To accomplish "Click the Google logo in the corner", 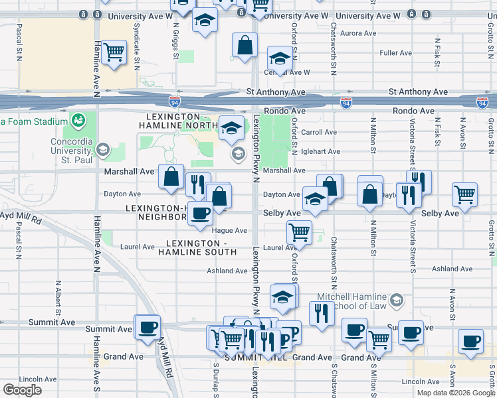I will [22, 390].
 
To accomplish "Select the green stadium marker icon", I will [79, 121].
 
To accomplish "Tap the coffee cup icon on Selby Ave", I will [200, 213].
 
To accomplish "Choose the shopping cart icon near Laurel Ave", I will [299, 232].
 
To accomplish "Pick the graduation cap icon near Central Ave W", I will [280, 58].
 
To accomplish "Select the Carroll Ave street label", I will [320, 132].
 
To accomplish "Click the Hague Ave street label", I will [229, 230].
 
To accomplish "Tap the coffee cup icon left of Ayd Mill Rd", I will [148, 326].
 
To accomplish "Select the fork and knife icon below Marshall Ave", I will [197, 184].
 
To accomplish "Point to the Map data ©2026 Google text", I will [454, 392].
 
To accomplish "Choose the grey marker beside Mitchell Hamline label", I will [397, 300].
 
